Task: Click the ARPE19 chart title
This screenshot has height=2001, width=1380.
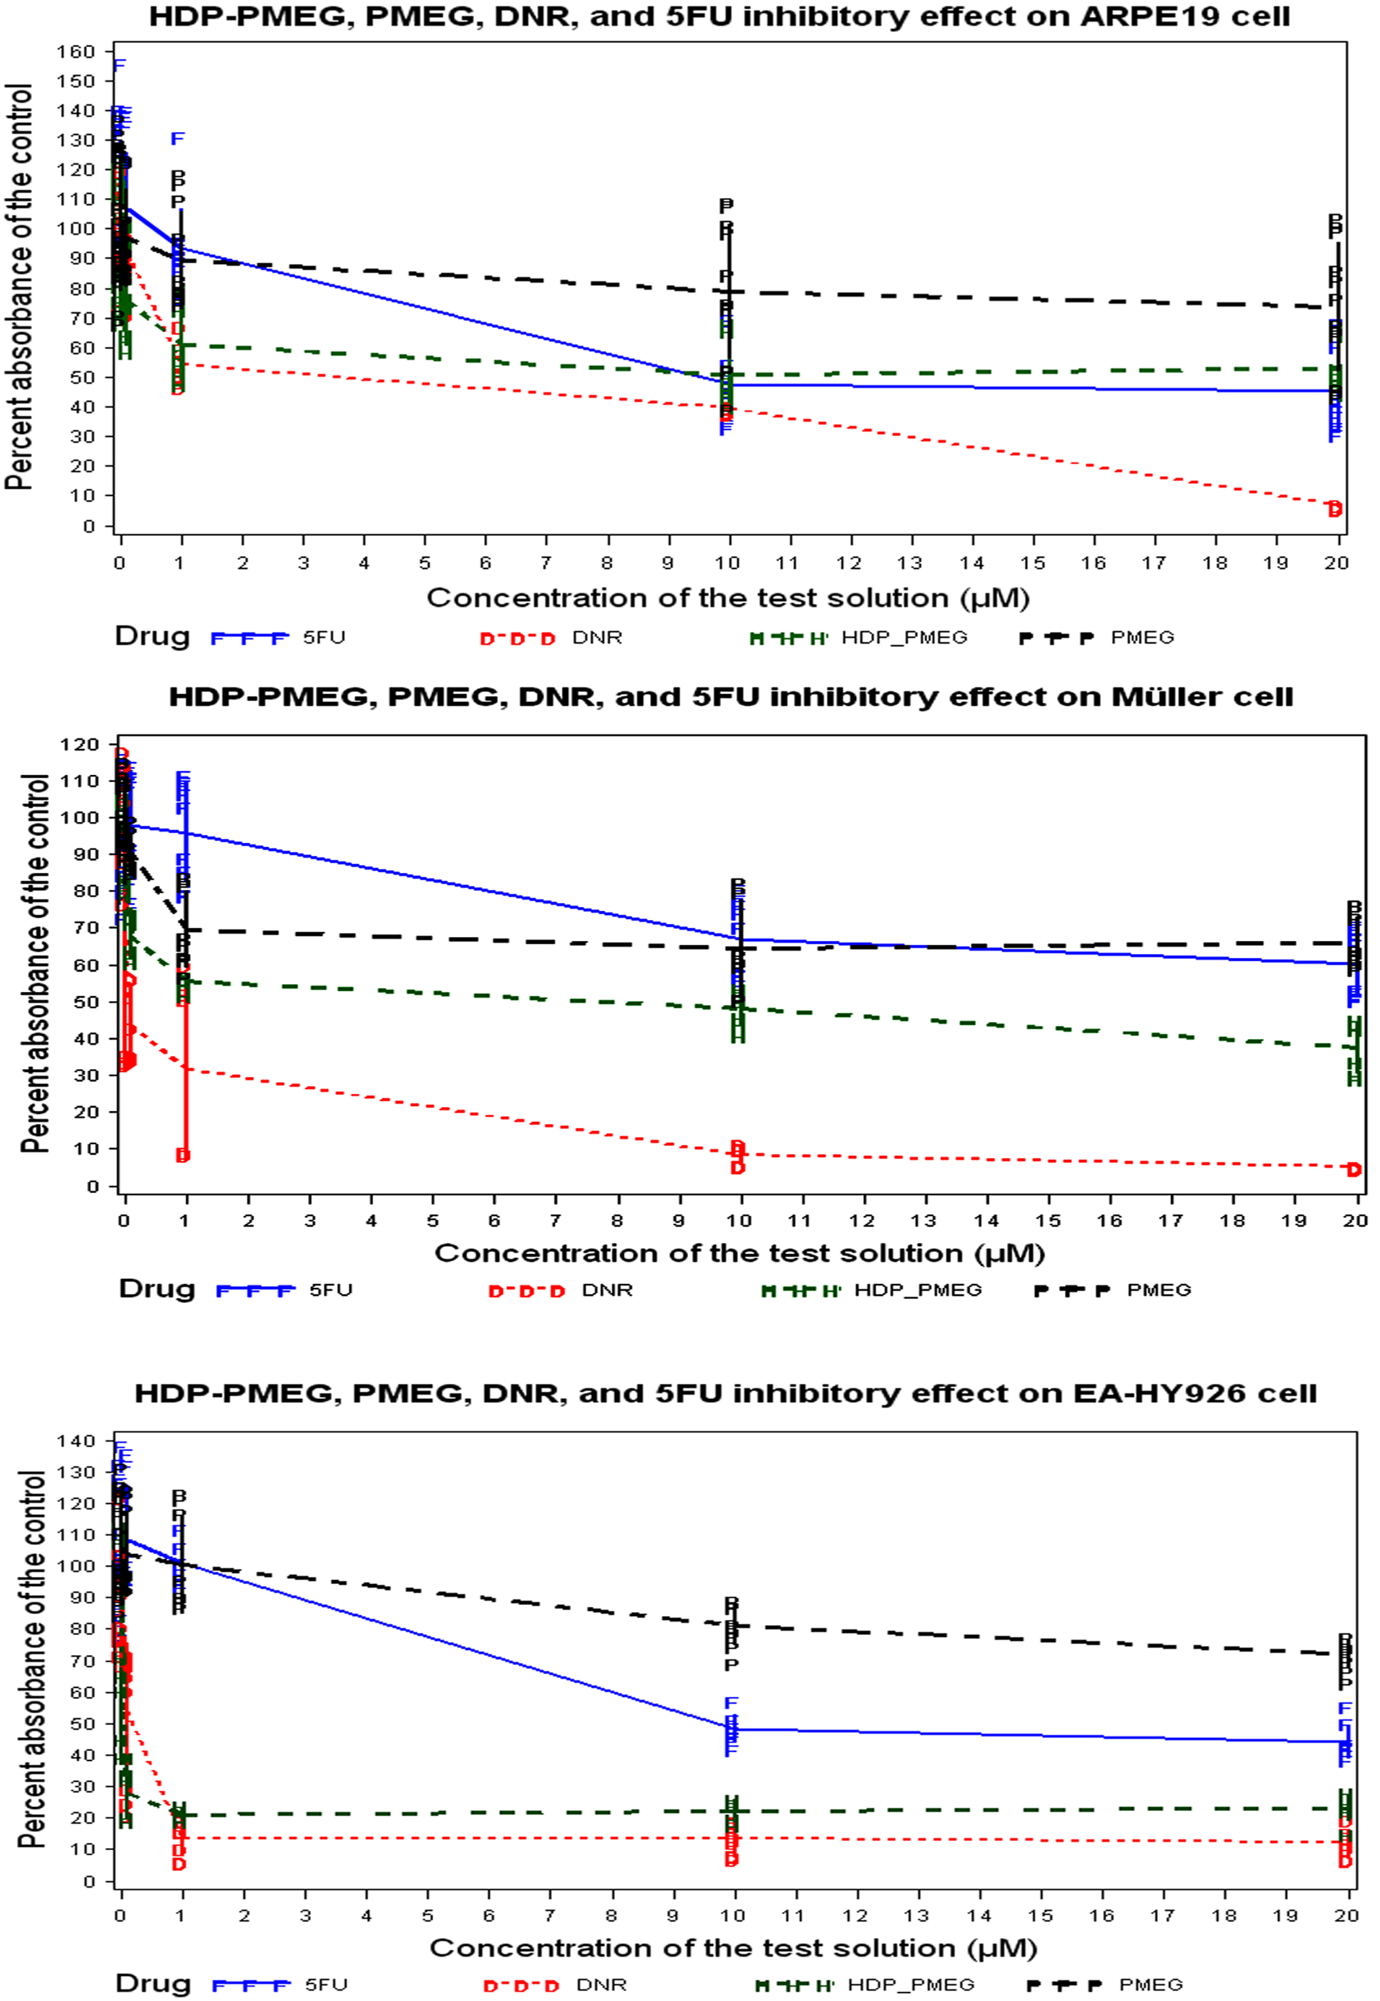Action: tap(719, 16)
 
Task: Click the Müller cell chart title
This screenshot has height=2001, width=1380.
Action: tap(731, 697)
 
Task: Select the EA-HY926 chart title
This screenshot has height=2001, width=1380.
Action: tap(725, 1393)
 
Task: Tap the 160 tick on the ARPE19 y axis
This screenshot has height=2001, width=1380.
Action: tap(76, 52)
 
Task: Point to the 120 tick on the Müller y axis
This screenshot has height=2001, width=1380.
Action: tap(80, 744)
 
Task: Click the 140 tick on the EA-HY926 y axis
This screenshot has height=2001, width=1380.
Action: tap(75, 1441)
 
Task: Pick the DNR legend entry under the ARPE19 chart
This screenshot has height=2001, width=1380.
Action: tap(597, 638)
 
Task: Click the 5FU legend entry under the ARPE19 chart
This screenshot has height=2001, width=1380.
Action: tap(323, 638)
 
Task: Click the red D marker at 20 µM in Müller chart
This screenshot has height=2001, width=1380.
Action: tap(1353, 1170)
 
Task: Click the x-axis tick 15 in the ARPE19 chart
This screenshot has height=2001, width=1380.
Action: tap(1032, 563)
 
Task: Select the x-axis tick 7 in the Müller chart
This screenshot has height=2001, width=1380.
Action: tap(555, 1221)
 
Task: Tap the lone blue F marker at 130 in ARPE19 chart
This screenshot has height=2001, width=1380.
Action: tap(177, 139)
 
